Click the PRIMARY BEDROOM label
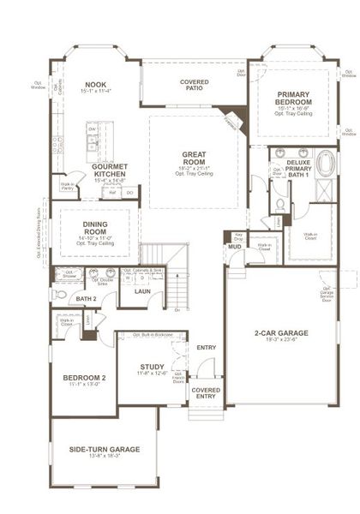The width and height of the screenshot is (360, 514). click(x=294, y=98)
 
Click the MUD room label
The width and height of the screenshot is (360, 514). click(x=234, y=248)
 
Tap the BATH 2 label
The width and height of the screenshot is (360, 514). click(x=84, y=298)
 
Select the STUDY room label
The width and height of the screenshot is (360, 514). click(x=152, y=367)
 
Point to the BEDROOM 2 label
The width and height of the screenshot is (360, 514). click(x=84, y=377)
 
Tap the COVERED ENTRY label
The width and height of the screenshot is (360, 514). click(x=206, y=392)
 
